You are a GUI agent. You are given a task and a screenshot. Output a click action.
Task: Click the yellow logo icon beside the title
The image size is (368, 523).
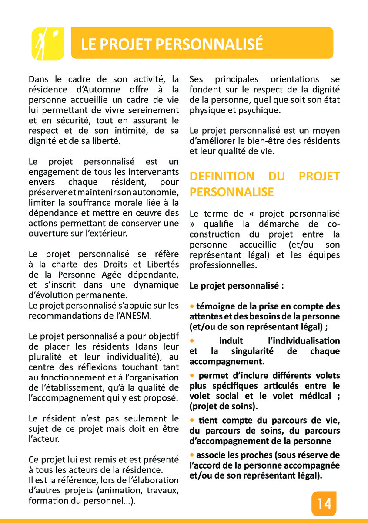(x=48, y=44)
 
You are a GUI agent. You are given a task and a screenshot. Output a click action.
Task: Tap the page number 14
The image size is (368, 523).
(x=324, y=504)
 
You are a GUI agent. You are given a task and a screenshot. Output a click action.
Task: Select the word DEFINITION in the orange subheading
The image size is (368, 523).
(x=222, y=177)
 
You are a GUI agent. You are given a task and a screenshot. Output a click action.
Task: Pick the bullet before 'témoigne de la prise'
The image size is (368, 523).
(x=192, y=306)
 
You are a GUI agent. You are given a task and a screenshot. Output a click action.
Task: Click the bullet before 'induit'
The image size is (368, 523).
(x=192, y=340)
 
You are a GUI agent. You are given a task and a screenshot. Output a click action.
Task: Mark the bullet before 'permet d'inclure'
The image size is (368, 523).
(x=192, y=375)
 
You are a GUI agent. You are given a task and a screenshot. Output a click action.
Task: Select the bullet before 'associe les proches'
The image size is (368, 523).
(x=192, y=455)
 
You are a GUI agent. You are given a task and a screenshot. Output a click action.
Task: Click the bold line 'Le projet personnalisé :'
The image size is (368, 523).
(x=237, y=286)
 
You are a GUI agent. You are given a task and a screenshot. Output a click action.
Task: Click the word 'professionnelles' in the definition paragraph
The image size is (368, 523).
(x=223, y=265)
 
